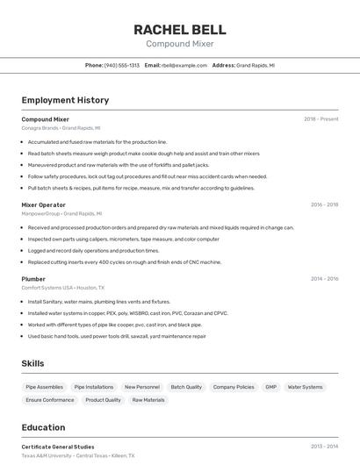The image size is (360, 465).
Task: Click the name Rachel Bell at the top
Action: coord(179,29)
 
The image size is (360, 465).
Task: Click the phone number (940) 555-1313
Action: coord(122,65)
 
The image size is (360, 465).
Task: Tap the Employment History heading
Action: coord(65,100)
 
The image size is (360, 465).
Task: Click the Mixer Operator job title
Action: coord(43,204)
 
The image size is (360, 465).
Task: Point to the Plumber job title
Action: coord(33,279)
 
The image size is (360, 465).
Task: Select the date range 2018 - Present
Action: coord(320,118)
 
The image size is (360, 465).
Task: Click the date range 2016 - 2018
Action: coord(324,204)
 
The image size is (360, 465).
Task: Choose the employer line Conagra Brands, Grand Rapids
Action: coord(61,127)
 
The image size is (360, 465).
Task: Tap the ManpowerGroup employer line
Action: coord(61,213)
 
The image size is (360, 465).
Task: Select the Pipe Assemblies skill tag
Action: coord(44,387)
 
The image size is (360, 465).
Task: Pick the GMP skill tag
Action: coord(270,387)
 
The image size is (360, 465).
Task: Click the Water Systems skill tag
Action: coord(306,387)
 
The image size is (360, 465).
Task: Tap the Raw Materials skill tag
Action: coord(148,400)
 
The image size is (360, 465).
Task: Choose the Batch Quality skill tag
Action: coord(186,387)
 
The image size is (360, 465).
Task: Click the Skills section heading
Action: coord(33,363)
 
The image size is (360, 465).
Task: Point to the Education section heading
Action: coord(43,428)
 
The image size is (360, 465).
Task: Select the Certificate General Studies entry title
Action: coord(58,447)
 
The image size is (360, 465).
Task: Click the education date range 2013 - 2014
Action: coord(324,447)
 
